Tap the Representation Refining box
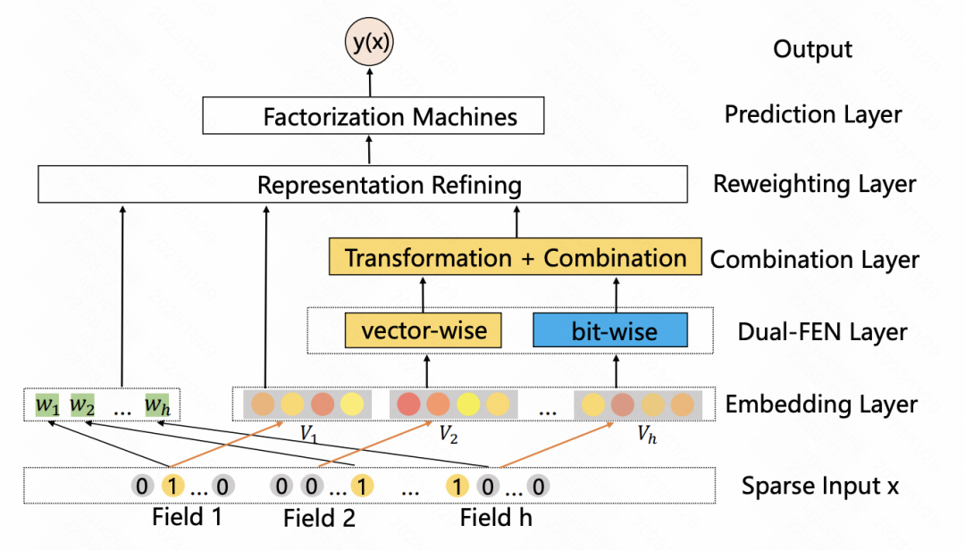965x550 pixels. (362, 185)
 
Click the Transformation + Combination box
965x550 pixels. (516, 258)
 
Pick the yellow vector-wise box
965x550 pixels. (424, 330)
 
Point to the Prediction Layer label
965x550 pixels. (813, 114)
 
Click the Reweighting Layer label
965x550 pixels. (814, 184)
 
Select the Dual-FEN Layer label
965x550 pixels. (822, 332)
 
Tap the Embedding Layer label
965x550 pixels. (821, 404)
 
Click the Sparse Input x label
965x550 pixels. (819, 486)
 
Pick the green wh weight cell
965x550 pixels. (156, 405)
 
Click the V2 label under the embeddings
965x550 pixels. (448, 435)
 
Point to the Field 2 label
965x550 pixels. (320, 518)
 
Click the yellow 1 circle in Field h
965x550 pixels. (457, 487)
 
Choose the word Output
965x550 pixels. (812, 48)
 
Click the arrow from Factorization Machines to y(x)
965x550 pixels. (369, 83)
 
